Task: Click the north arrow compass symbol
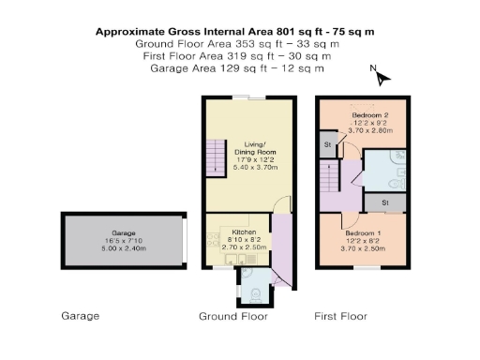click(x=372, y=71)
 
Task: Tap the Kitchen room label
click(x=232, y=231)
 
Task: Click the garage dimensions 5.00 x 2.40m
click(x=124, y=248)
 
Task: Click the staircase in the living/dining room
click(x=217, y=154)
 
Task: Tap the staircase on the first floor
click(x=328, y=173)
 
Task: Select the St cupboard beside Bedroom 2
click(x=328, y=145)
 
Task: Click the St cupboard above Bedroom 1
click(x=384, y=202)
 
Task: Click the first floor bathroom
click(x=384, y=169)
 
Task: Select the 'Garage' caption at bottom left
click(x=80, y=316)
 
